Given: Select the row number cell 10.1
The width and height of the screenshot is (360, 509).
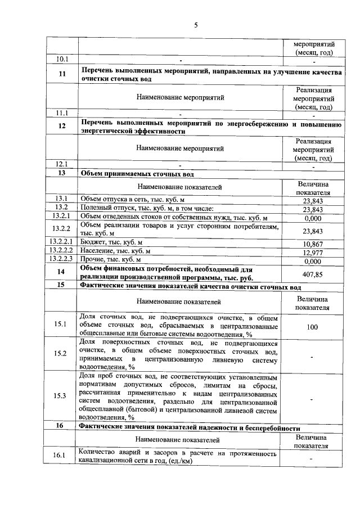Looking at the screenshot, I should coord(61,59).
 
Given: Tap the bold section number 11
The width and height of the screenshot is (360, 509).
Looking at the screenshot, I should coord(61,74).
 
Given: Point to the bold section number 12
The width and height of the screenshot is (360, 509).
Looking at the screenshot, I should coord(61,127).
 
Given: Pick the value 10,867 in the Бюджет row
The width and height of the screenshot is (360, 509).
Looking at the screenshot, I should coord(312,244).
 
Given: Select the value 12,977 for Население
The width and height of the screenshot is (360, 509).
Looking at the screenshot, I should coord(312,252).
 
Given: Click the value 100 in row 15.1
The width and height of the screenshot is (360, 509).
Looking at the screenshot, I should coord(312,326).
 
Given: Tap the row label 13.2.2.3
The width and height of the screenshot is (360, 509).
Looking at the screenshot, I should coord(61,260).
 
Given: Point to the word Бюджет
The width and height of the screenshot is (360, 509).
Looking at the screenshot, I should coord(93,244).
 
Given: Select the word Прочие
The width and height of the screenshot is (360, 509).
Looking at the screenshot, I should coord(94,260).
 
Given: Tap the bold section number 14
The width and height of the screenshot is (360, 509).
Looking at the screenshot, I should coord(61,272).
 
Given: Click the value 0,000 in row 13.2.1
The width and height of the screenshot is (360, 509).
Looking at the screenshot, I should coord(312,218).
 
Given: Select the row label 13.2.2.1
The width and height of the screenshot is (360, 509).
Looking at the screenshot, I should coord(61,243).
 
